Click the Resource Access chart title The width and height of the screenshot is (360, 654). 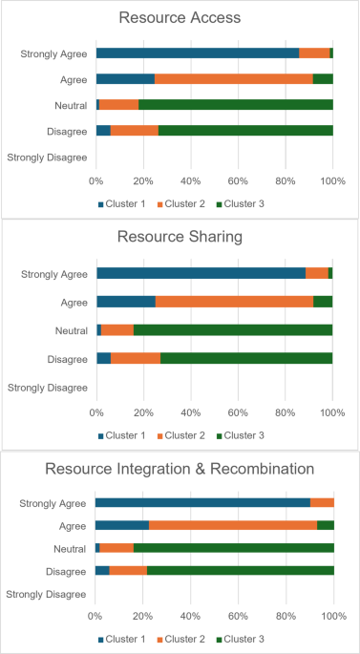pos(180,18)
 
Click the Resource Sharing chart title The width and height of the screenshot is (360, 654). pos(180,239)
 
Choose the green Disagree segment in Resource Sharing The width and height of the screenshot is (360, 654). pos(246,357)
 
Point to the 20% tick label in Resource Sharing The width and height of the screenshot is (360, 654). pos(143,412)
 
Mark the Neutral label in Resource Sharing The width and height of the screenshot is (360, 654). pos(72,329)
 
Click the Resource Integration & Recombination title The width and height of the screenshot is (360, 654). pos(180,469)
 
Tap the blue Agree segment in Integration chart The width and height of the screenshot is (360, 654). pos(121,525)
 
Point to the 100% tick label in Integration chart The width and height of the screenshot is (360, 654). pos(332,617)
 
